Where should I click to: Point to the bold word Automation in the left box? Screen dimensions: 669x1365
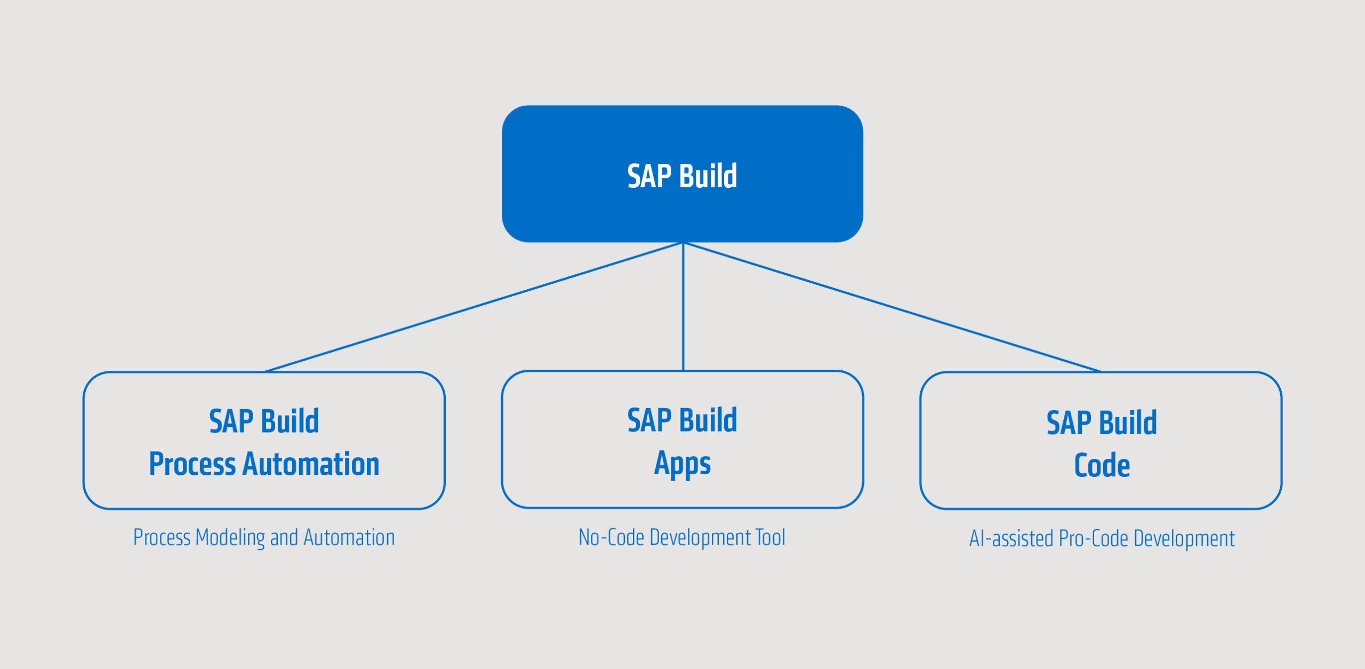311,464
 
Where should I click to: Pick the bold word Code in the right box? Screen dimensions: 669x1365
1102,465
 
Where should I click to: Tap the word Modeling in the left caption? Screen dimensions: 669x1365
230,537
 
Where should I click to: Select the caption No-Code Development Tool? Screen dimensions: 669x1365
681,537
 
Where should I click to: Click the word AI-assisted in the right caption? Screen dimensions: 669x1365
1011,538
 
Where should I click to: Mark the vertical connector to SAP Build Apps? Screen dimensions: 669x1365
683,307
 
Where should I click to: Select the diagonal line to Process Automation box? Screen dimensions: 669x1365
473,307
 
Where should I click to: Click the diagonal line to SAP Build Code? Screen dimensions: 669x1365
893,307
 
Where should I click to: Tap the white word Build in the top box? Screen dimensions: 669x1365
708,176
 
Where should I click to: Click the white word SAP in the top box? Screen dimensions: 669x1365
649,176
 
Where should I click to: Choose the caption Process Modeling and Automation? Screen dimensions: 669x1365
264,537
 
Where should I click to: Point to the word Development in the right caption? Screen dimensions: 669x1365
1184,538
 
